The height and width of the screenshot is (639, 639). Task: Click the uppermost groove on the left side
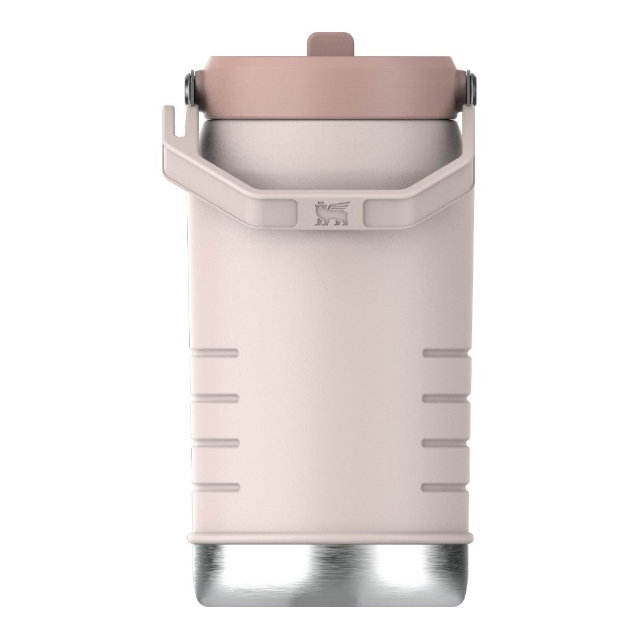[x=215, y=353]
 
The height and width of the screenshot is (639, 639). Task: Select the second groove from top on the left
[x=215, y=397]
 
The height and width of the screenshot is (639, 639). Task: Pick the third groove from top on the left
[x=215, y=442]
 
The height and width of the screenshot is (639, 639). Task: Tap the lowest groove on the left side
[x=215, y=487]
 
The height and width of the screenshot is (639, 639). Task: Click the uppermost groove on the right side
[x=446, y=353]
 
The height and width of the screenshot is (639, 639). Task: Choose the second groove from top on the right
[x=446, y=397]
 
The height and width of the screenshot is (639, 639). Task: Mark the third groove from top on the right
[x=446, y=442]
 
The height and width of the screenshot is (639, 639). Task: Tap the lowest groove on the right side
[x=446, y=487]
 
